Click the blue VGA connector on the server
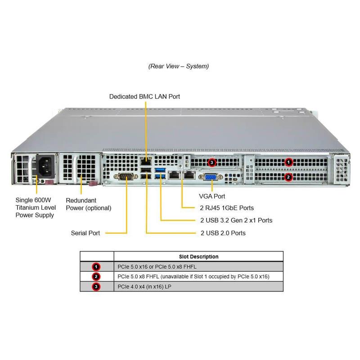pyautogui.click(x=210, y=177)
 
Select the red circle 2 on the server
pyautogui.click(x=289, y=177)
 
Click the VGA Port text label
pyautogui.click(x=212, y=196)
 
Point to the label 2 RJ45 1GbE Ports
pyautogui.click(x=227, y=208)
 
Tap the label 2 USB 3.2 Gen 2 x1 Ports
pyautogui.click(x=236, y=220)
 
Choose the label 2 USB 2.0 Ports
pyautogui.click(x=223, y=233)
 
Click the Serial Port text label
pyautogui.click(x=85, y=233)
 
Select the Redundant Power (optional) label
pyautogui.click(x=88, y=204)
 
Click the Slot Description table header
pyautogui.click(x=198, y=256)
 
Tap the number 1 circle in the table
pyautogui.click(x=96, y=266)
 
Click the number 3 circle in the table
pyautogui.click(x=96, y=286)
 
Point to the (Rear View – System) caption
pyautogui.click(x=179, y=66)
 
